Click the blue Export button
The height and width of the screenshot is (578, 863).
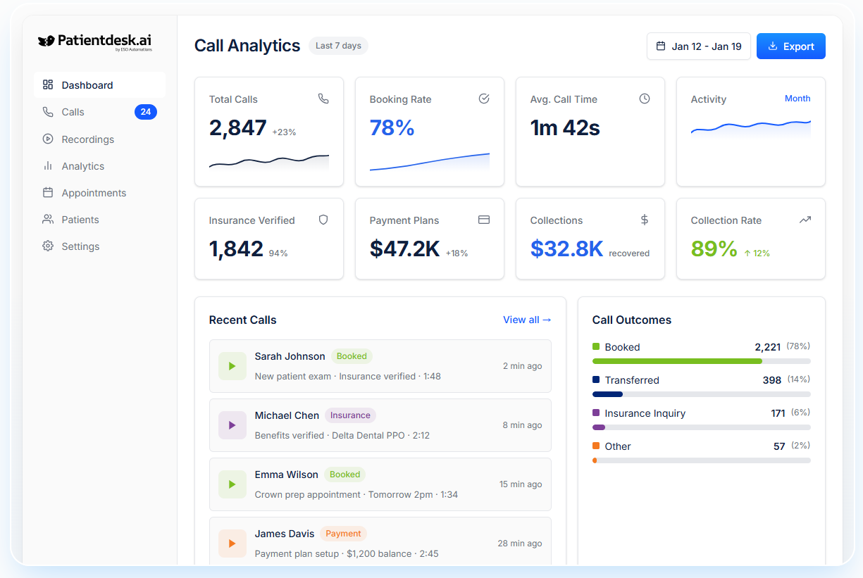790,46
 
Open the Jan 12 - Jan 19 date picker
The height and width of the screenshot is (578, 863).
698,46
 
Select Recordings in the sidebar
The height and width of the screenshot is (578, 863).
87,139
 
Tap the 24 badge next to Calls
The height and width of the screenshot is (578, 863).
146,112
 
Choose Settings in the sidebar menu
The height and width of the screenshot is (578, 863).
80,246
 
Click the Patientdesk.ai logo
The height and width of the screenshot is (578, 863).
95,42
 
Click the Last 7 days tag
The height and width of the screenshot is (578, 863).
338,46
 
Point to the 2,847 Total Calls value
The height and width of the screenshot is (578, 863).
237,128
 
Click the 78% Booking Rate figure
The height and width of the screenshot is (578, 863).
392,128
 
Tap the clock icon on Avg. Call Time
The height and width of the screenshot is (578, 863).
644,99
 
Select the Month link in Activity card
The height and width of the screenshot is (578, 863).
797,99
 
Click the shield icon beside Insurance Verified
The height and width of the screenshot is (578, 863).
323,220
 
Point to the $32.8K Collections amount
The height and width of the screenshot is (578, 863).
566,249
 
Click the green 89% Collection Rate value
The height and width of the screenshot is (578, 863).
714,249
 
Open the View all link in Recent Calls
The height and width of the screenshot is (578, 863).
527,320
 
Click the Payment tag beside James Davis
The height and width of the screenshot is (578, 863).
343,534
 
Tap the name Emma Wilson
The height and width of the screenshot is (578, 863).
286,475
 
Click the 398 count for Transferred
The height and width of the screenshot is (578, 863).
771,380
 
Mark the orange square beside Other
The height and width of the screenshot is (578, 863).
596,446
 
